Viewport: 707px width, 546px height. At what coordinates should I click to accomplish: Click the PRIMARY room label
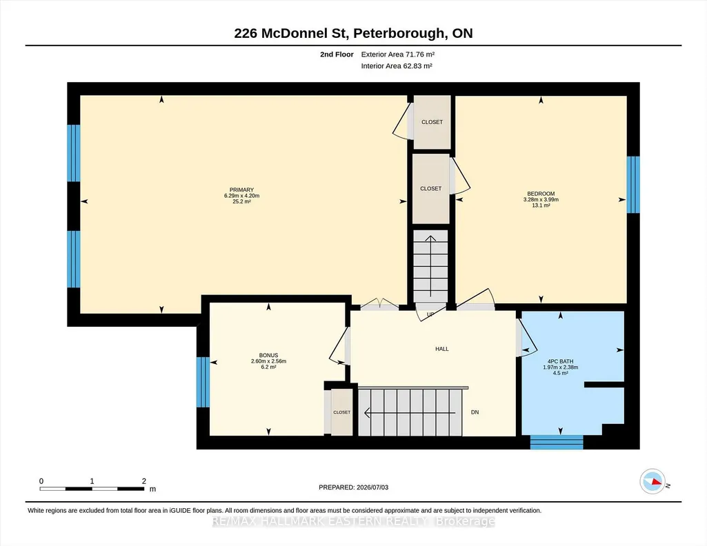pos(241,190)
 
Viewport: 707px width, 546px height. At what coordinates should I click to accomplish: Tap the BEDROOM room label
pos(541,194)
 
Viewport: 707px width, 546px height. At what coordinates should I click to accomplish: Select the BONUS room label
pos(269,356)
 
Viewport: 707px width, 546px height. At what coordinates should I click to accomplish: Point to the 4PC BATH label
pos(561,361)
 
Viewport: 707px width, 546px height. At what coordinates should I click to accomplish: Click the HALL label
pos(442,349)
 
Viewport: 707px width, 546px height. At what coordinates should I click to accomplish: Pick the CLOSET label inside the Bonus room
pos(342,412)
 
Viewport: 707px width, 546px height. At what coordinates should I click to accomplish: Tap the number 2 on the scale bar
pos(144,481)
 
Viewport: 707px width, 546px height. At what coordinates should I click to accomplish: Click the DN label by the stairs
pos(475,412)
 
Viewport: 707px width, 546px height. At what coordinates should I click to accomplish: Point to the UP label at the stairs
pos(430,314)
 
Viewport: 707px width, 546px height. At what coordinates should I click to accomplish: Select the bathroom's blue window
pos(557,443)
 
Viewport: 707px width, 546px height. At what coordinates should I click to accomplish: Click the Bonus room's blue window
pos(203,382)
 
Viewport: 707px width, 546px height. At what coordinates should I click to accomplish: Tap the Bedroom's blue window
pos(633,185)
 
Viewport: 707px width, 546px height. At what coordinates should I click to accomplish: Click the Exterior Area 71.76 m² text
pos(398,54)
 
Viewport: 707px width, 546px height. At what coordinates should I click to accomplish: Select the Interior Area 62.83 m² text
pos(397,65)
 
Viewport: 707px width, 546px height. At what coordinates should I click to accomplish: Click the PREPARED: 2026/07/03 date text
pos(353,487)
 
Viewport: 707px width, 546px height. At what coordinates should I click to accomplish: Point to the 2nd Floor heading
pos(337,54)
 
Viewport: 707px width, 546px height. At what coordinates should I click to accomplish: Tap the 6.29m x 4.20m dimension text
pos(241,196)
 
